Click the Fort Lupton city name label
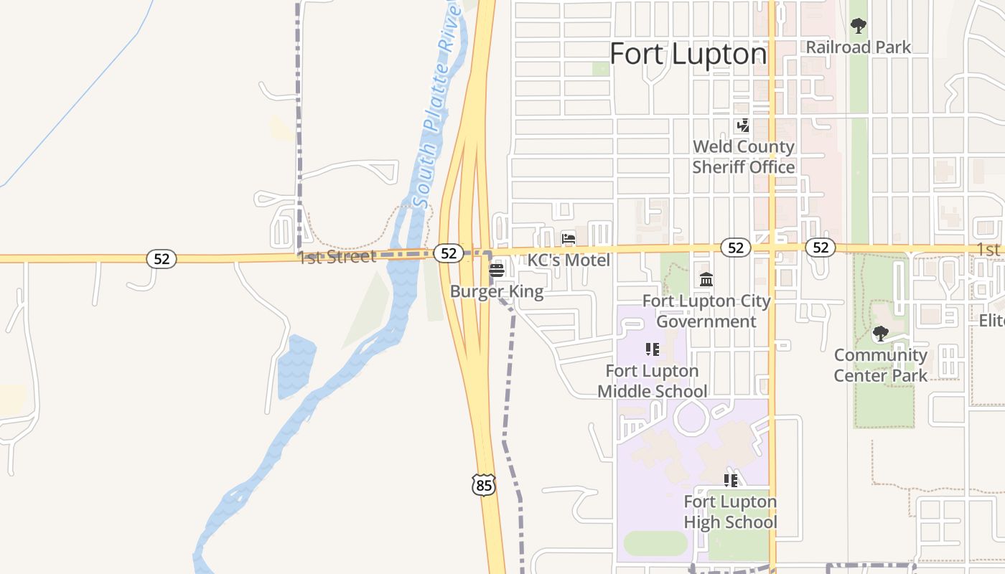688,54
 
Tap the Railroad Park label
858,47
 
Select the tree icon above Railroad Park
858,27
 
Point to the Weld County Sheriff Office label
743,156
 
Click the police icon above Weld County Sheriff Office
743,126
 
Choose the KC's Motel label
569,260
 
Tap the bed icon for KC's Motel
569,238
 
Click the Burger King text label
496,292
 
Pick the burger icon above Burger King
496,270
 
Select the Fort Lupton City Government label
706,311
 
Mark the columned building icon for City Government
706,279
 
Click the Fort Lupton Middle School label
652,381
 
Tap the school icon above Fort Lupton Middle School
652,349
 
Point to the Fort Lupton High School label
730,512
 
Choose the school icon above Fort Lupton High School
730,480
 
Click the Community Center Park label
880,364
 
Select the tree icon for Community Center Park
880,334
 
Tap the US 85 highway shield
484,485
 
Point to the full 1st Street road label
337,257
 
